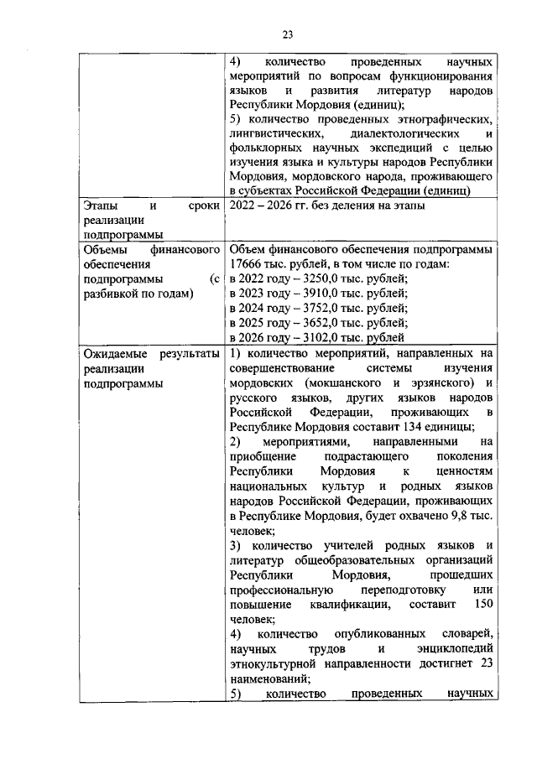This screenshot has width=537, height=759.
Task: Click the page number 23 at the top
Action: tap(287, 34)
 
